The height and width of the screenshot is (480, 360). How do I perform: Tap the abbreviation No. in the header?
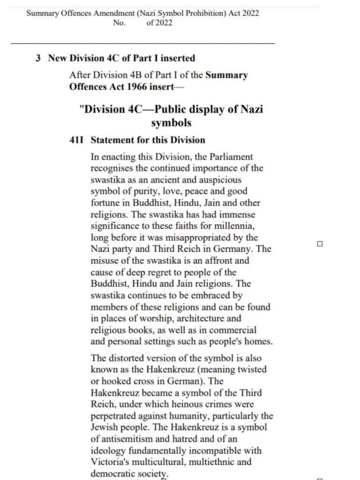coord(119,22)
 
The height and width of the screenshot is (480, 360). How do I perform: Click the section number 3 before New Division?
coord(38,58)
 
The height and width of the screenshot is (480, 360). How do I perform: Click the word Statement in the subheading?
coord(111,140)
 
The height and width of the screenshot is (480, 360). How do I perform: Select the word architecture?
coord(216,318)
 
